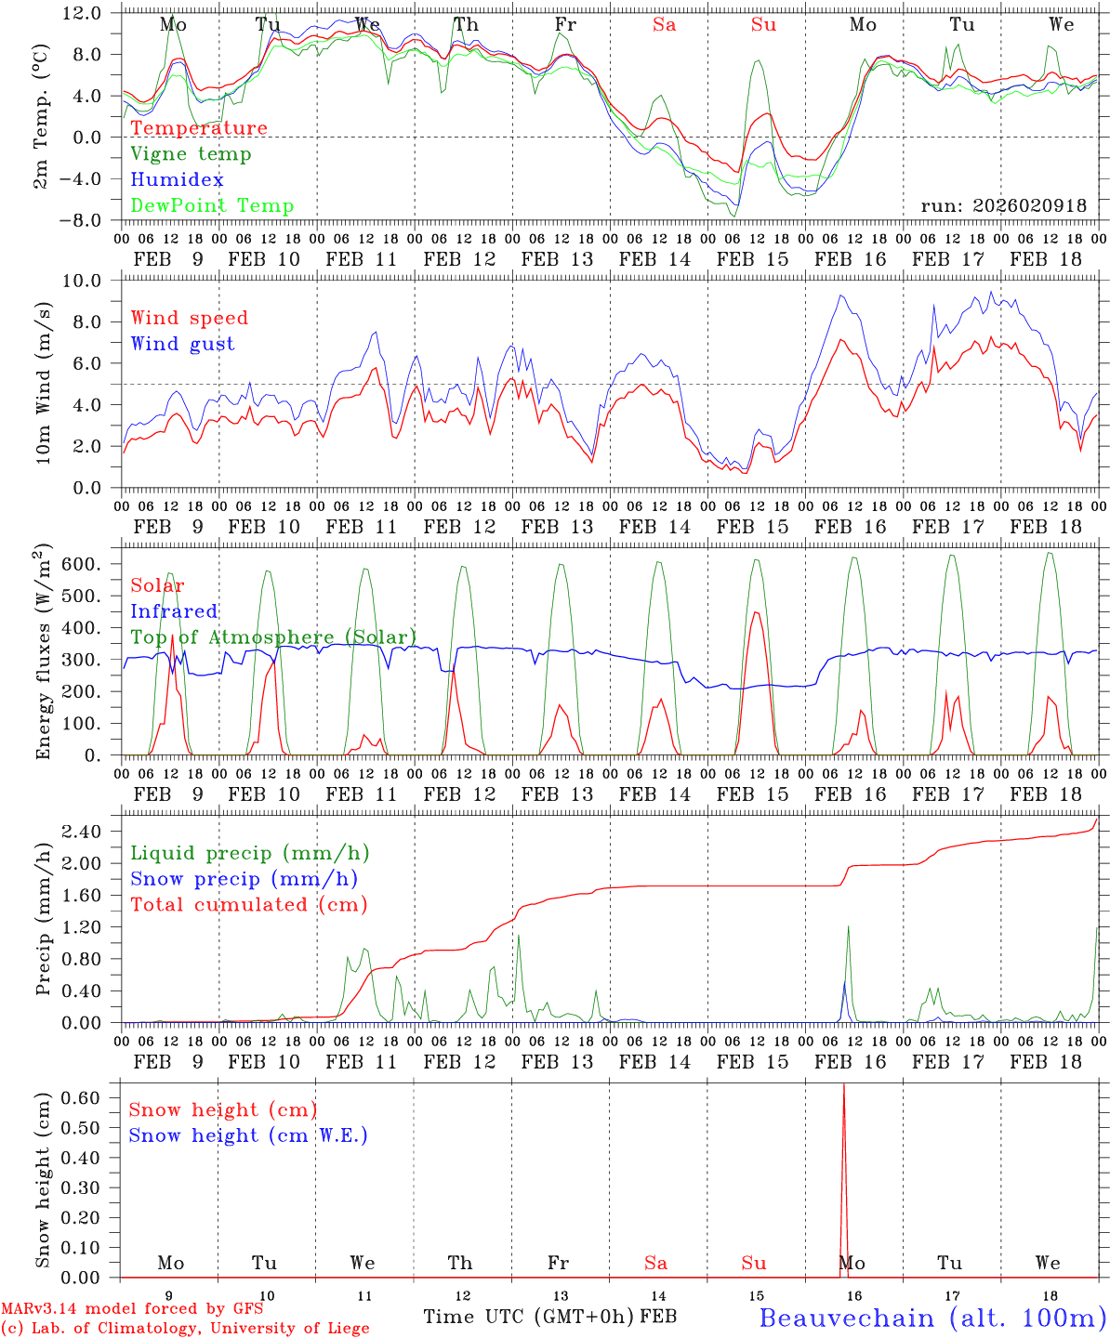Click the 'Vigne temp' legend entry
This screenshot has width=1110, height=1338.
point(191,154)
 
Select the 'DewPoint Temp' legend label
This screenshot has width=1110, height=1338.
point(212,206)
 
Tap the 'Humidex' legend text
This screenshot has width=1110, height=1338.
point(177,180)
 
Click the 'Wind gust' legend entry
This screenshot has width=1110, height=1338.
point(182,344)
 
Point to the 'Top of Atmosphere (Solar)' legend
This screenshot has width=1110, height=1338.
point(273,637)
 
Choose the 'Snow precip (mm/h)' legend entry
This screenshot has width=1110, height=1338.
point(244,879)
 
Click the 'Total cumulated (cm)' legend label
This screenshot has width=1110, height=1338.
point(248,905)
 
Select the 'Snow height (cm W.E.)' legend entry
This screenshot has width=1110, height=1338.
point(248,1135)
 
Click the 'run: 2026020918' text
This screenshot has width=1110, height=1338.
point(1003,206)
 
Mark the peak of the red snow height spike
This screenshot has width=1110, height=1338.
point(843,1085)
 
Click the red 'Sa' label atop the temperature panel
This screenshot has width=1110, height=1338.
point(664,25)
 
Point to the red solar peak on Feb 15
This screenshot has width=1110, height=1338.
point(756,612)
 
